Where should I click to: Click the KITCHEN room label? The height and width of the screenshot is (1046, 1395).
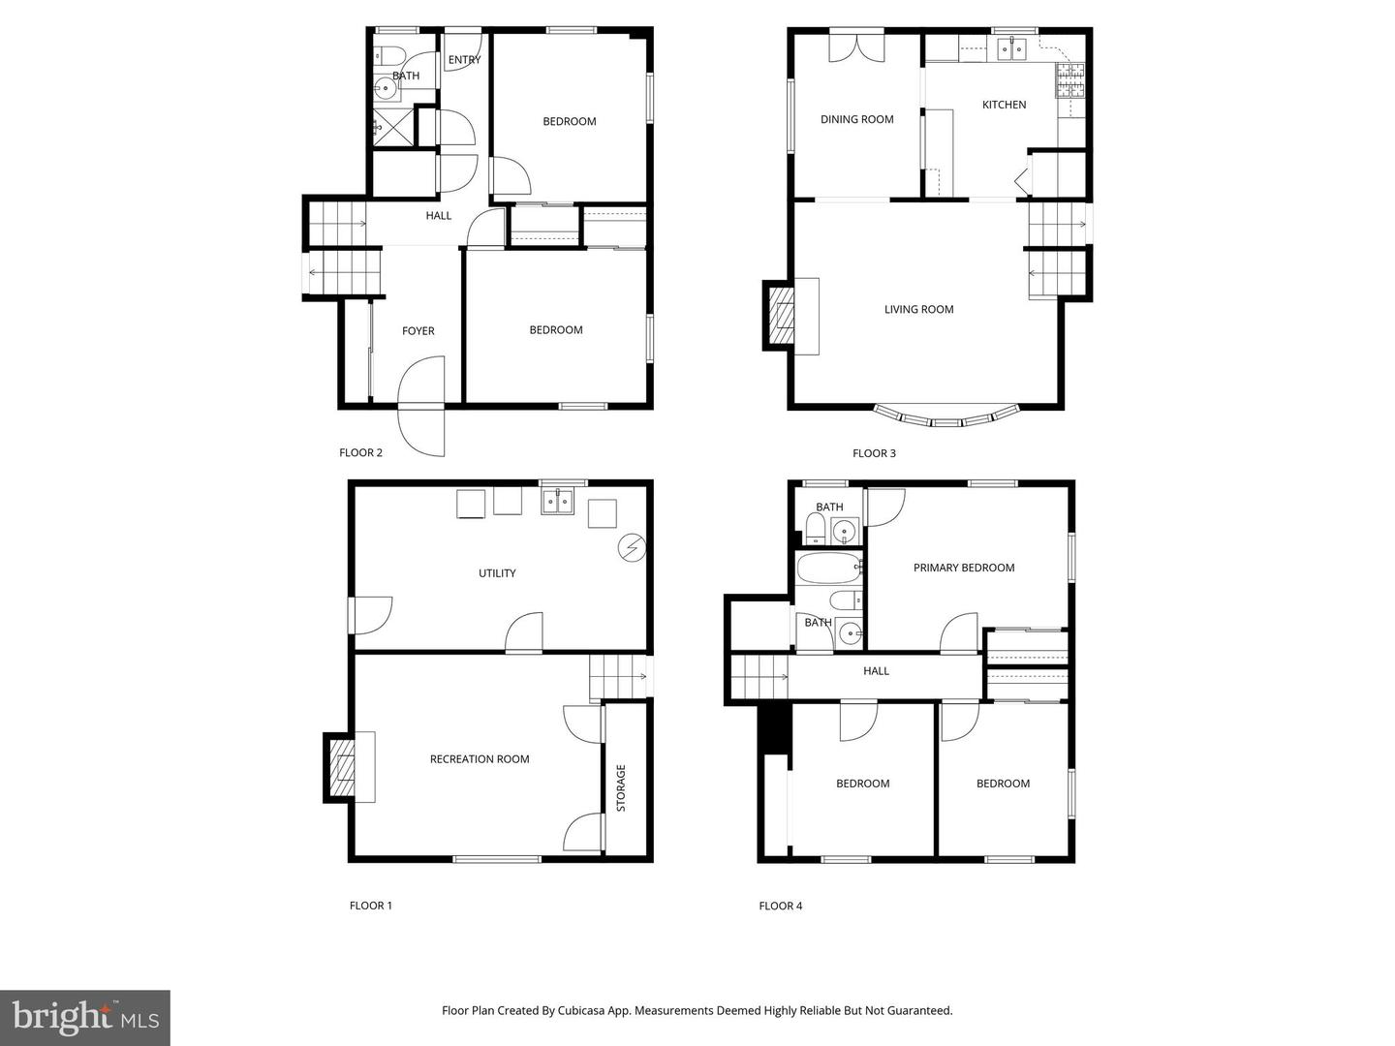pyautogui.click(x=1004, y=105)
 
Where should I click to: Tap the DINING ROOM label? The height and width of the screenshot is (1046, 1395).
pyautogui.click(x=856, y=120)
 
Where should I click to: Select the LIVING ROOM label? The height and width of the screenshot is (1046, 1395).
pyautogui.click(x=918, y=310)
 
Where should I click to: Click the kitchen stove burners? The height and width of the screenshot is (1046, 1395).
pyautogui.click(x=1069, y=80)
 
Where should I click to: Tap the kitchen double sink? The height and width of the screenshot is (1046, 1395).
pyautogui.click(x=1011, y=47)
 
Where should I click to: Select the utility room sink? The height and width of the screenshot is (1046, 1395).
pyautogui.click(x=557, y=501)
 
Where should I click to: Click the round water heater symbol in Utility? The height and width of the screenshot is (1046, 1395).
pyautogui.click(x=632, y=548)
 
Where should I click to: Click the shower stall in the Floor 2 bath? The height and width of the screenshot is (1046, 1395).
pyautogui.click(x=392, y=126)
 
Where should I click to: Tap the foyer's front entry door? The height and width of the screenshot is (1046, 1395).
pyautogui.click(x=422, y=407)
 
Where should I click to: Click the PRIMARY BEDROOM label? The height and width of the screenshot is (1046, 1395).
pyautogui.click(x=964, y=569)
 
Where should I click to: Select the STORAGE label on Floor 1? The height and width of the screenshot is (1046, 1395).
pyautogui.click(x=621, y=787)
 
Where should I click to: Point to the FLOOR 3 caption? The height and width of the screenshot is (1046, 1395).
pyautogui.click(x=874, y=453)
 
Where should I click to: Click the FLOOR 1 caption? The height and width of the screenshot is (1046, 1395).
pyautogui.click(x=370, y=907)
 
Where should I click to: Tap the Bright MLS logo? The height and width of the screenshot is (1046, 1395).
pyautogui.click(x=85, y=1017)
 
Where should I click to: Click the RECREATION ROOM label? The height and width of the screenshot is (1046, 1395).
pyautogui.click(x=480, y=759)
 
